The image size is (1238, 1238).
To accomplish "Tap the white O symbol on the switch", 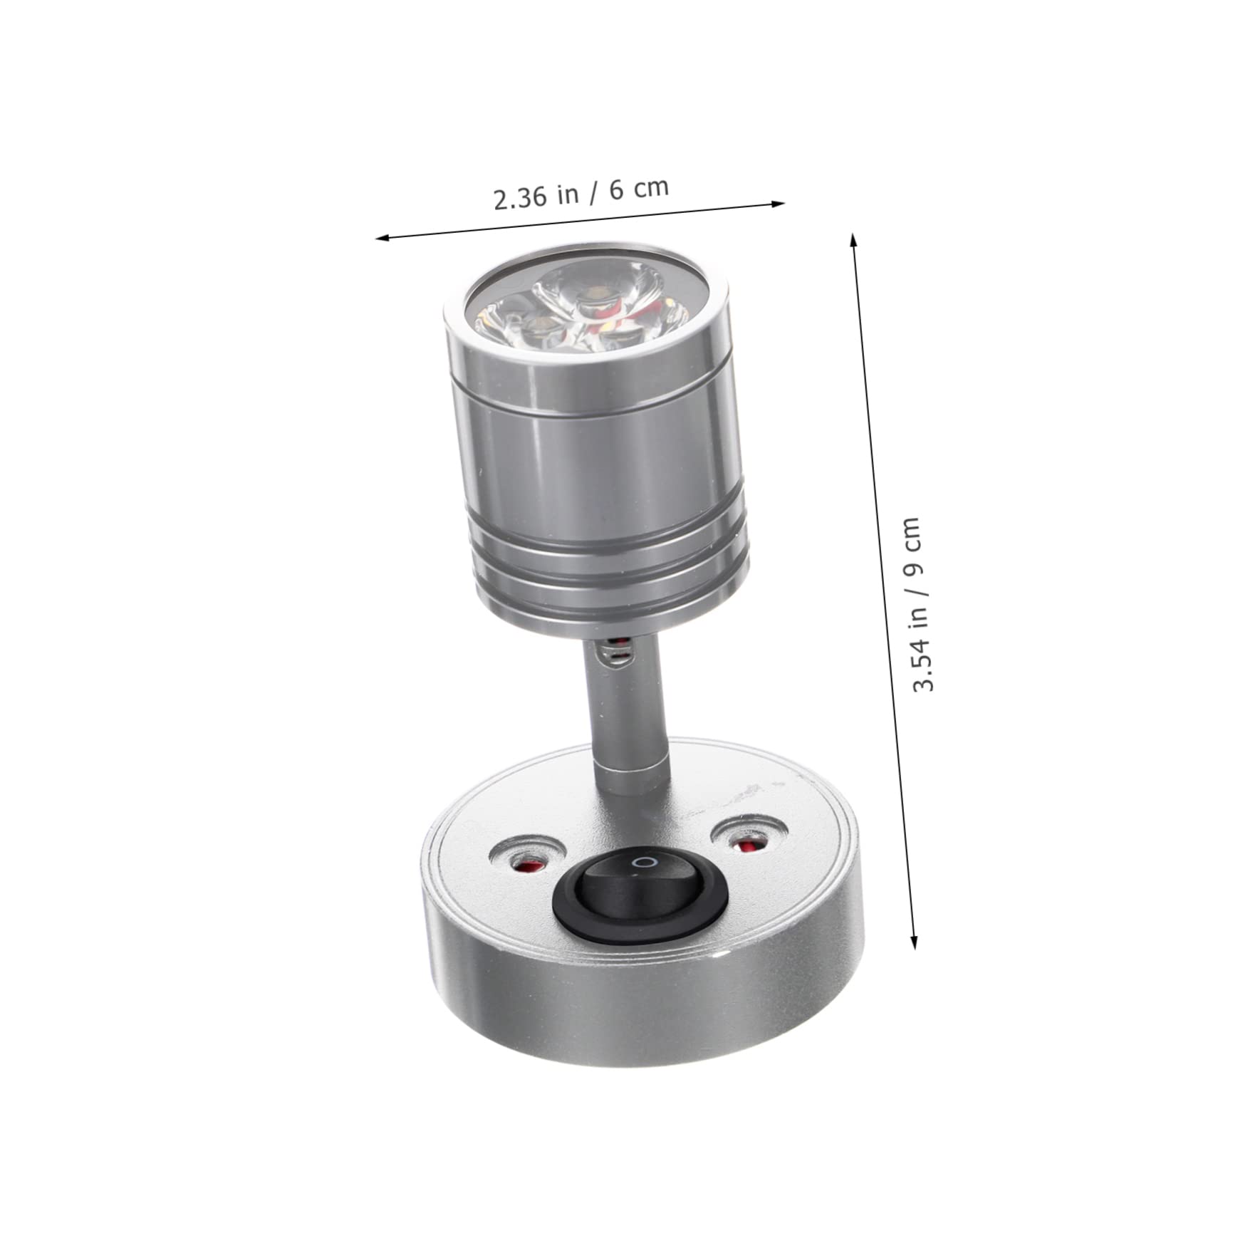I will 646,862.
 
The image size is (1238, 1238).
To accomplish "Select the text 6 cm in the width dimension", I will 639,188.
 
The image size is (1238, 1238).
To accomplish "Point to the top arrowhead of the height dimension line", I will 853,238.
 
